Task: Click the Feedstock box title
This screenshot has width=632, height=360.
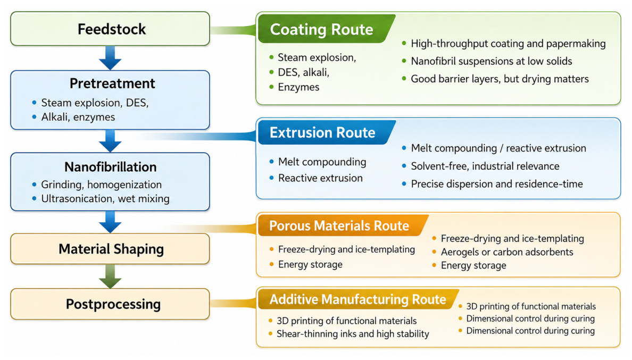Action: click(112, 29)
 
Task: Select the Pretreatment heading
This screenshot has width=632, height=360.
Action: click(112, 83)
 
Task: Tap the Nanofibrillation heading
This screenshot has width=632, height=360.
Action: click(111, 167)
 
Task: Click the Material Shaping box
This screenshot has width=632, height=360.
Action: click(110, 249)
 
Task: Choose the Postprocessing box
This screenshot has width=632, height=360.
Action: click(110, 304)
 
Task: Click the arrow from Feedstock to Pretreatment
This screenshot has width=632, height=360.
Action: click(110, 58)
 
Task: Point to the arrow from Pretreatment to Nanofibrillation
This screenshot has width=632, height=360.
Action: click(110, 141)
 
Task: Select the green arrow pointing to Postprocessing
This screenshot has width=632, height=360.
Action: click(110, 277)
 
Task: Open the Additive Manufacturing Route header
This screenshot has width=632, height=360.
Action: click(357, 299)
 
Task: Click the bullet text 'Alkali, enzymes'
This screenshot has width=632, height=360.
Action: click(78, 117)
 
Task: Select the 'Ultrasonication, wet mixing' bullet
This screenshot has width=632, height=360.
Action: click(105, 198)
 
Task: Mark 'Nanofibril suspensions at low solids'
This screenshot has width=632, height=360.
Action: click(492, 61)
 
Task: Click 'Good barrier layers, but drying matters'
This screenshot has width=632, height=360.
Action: click(500, 79)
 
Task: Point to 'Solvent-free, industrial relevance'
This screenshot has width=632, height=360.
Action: click(485, 166)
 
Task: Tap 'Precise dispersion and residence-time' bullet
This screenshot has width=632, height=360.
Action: click(496, 184)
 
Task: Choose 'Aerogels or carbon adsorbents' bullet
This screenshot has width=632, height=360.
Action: click(506, 252)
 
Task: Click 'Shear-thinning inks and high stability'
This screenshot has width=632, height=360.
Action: click(353, 334)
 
